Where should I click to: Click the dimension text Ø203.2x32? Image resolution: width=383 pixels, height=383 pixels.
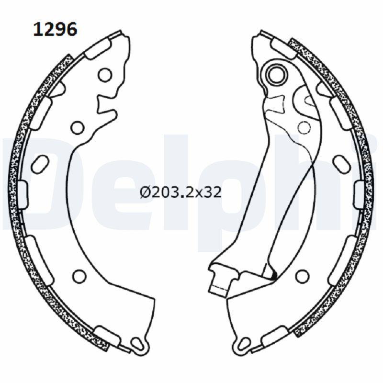tap(180, 192)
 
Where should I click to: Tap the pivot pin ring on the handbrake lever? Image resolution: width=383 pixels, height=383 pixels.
tap(276, 74)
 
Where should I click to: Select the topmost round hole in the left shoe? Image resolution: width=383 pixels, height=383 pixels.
tap(105, 75)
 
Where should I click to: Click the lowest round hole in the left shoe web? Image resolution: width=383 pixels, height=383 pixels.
tap(80, 276)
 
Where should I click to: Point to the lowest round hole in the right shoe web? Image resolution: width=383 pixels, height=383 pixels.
tap(302, 276)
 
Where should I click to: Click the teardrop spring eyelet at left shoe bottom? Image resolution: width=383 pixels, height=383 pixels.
tap(138, 343)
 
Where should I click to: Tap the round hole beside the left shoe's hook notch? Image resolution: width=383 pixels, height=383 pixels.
tap(77, 127)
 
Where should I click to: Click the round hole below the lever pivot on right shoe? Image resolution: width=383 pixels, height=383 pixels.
tap(304, 127)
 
